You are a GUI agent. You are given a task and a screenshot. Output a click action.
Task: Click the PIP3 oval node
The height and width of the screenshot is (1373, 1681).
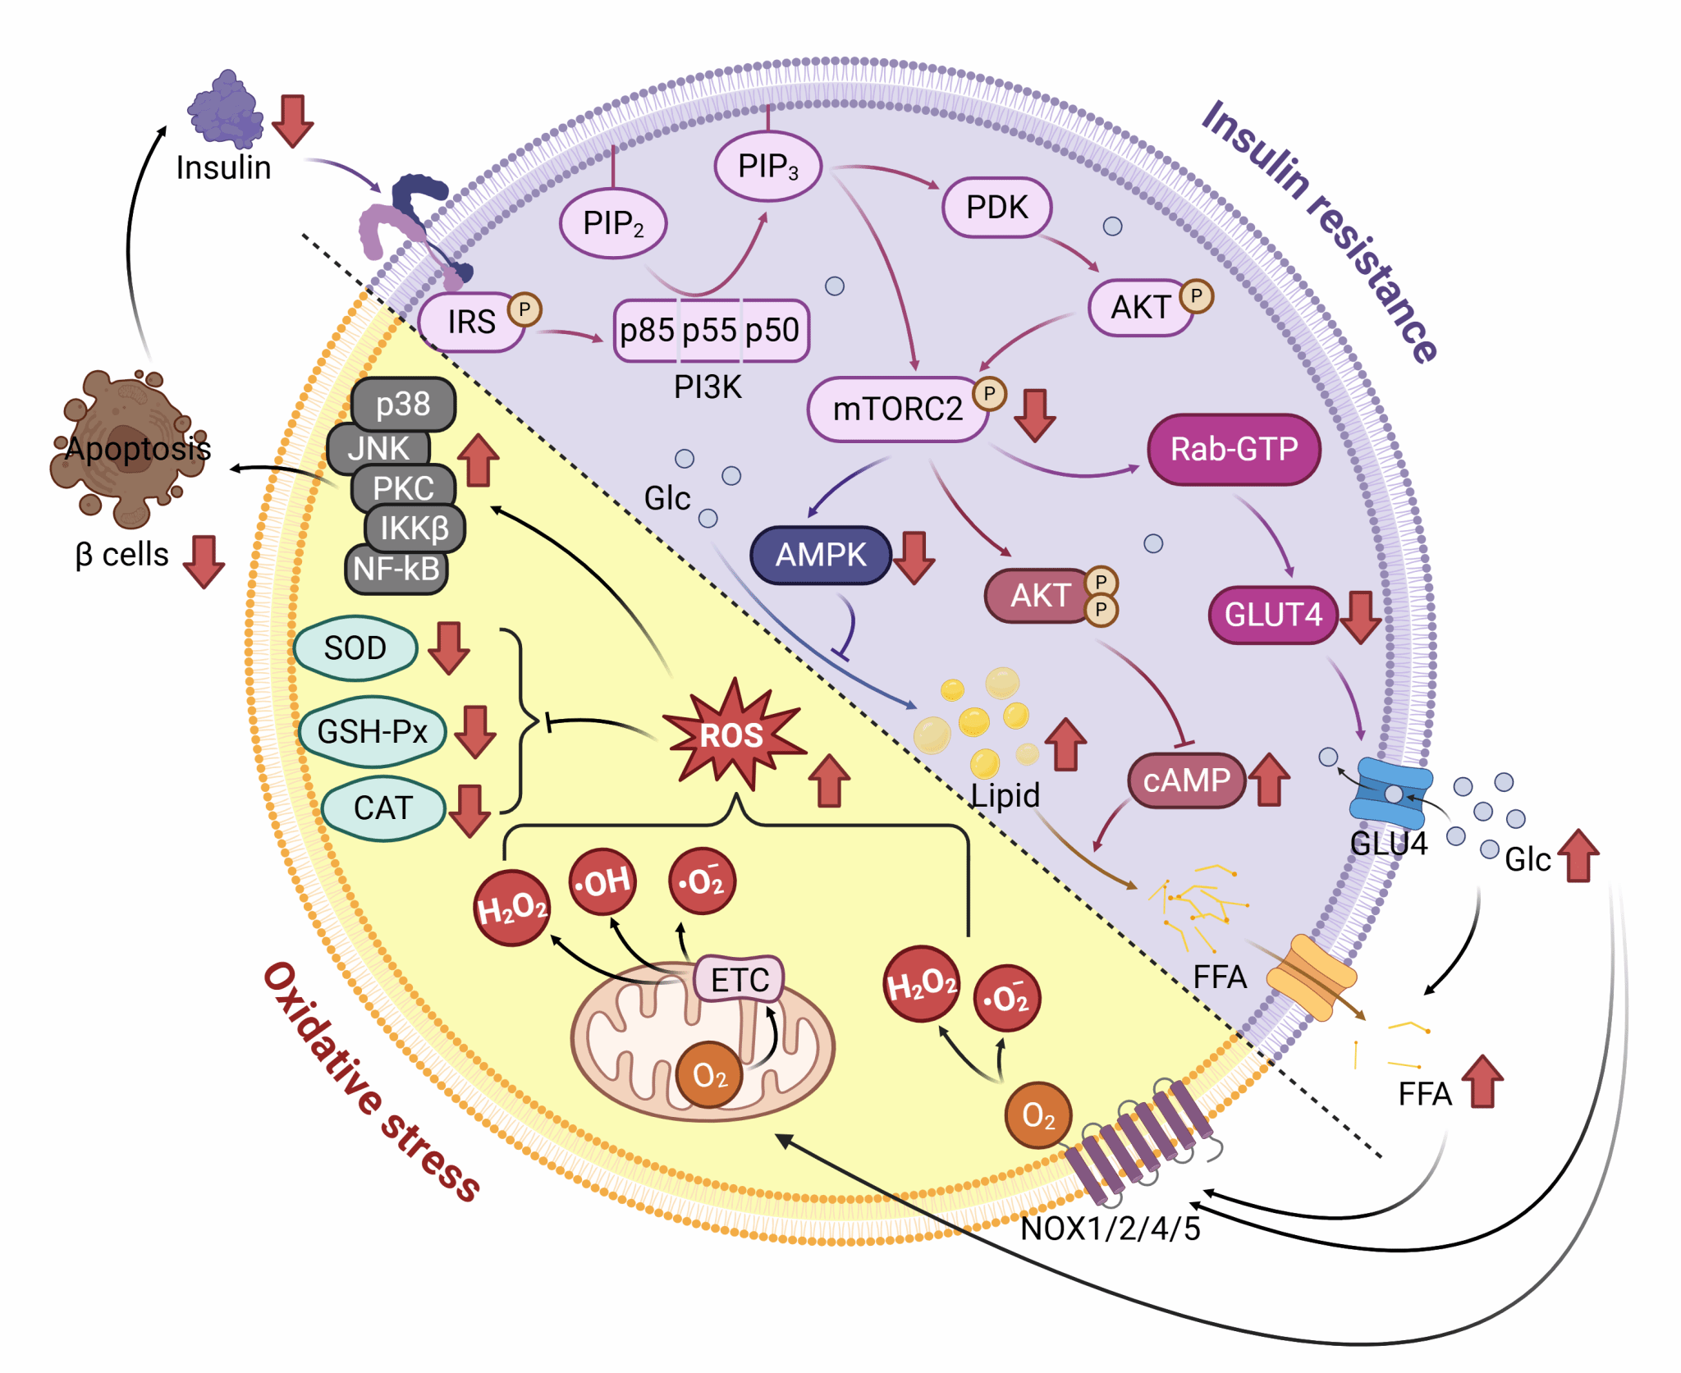767,167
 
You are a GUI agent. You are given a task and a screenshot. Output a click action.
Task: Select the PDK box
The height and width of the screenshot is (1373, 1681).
996,207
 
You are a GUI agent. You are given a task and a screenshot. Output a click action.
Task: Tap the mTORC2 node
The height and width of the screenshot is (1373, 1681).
897,409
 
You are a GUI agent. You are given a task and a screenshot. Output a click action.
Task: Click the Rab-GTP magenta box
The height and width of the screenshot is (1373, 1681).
1233,449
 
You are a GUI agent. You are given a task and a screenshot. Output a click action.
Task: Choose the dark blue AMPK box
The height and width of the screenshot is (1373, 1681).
820,555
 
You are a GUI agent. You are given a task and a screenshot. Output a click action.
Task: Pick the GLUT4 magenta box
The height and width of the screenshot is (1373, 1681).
1272,614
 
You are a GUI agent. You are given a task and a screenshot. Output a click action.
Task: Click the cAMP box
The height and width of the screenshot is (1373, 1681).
1186,780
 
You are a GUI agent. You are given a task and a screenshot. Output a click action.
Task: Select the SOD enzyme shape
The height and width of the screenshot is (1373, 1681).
355,648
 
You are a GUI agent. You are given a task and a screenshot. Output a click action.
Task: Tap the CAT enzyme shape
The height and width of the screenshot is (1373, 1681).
382,808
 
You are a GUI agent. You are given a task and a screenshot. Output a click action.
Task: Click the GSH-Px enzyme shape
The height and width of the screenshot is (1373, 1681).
372,730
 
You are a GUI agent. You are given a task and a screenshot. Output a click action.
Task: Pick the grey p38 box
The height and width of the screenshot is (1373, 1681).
402,404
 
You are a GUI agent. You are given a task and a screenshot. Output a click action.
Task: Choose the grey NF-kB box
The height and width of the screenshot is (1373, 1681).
396,569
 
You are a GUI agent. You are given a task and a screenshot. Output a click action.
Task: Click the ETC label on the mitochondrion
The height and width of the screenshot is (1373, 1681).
739,979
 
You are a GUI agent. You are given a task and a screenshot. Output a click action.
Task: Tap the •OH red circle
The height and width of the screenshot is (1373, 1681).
602,882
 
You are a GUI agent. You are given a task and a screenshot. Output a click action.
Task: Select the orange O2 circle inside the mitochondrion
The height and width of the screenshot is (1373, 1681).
709,1074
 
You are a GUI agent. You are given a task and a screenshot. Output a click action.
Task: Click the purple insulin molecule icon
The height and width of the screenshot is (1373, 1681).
225,111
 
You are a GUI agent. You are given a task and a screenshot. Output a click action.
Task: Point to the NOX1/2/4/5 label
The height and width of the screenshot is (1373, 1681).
1110,1229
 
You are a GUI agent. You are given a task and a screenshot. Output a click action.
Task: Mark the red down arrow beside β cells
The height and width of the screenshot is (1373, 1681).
204,561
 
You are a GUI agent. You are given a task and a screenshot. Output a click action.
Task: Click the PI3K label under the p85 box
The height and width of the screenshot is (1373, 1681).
708,387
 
